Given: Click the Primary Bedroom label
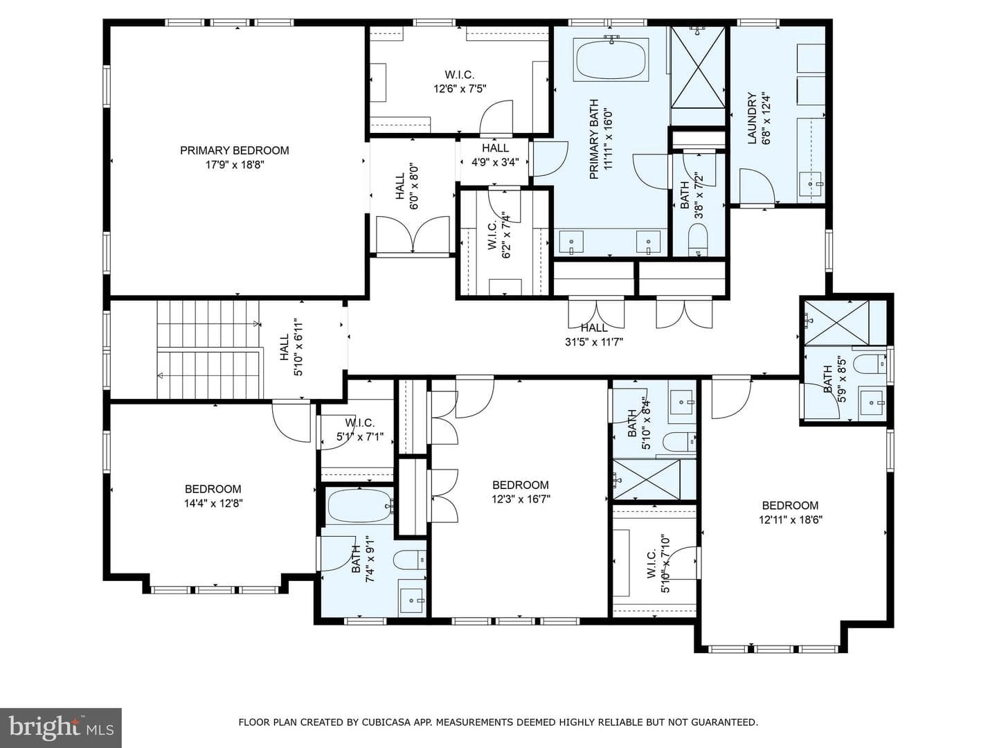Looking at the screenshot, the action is click(x=235, y=150).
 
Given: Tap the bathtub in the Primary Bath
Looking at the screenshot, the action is click(x=611, y=59).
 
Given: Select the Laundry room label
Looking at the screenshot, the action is click(x=752, y=118).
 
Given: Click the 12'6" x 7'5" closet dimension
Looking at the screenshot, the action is click(x=460, y=88).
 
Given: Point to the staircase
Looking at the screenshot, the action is click(x=209, y=350).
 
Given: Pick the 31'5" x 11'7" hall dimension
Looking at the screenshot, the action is click(x=593, y=341).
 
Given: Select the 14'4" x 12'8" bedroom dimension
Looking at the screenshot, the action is click(x=213, y=504).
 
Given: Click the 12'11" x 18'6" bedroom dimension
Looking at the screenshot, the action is click(x=791, y=519).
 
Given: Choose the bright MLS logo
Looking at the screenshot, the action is click(x=61, y=728).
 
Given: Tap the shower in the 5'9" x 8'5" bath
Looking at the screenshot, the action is click(x=836, y=323).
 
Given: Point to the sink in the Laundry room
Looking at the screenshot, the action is click(x=811, y=184).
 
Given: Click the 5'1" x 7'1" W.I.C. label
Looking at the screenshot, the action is click(x=360, y=430).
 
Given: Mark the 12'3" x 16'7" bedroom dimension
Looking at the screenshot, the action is click(x=521, y=499).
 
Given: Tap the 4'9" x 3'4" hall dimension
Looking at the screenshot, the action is click(x=495, y=161).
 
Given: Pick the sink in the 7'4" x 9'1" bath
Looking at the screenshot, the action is click(x=413, y=598).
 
